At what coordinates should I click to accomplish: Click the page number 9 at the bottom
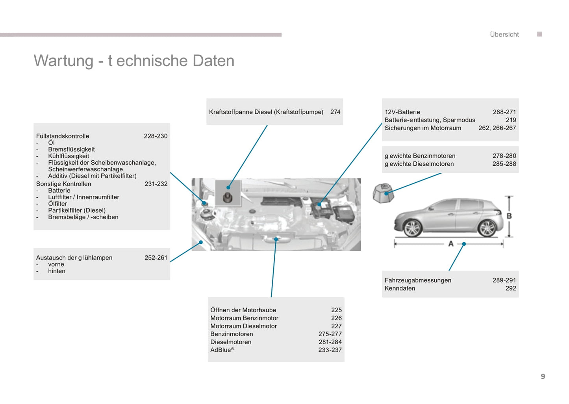(543, 376)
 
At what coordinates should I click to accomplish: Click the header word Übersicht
(504, 34)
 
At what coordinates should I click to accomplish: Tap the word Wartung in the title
(63, 61)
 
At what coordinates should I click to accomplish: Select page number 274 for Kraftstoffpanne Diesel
(335, 112)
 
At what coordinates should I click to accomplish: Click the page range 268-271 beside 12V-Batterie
(504, 112)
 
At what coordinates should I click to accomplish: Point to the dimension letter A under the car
(451, 244)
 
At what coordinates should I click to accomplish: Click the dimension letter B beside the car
(509, 216)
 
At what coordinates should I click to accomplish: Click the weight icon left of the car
(383, 193)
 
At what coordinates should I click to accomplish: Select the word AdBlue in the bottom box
(221, 350)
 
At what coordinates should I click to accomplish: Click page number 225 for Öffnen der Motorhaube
(336, 310)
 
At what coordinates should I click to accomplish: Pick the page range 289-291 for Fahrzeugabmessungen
(504, 280)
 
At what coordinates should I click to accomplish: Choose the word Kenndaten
(400, 288)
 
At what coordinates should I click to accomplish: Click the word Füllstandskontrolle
(63, 136)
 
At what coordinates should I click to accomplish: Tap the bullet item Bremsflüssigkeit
(71, 149)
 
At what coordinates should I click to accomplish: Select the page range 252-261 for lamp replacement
(156, 258)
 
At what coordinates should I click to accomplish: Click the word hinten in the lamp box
(57, 271)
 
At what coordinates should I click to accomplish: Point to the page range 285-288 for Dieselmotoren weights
(504, 164)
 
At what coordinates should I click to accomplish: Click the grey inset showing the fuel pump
(228, 193)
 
